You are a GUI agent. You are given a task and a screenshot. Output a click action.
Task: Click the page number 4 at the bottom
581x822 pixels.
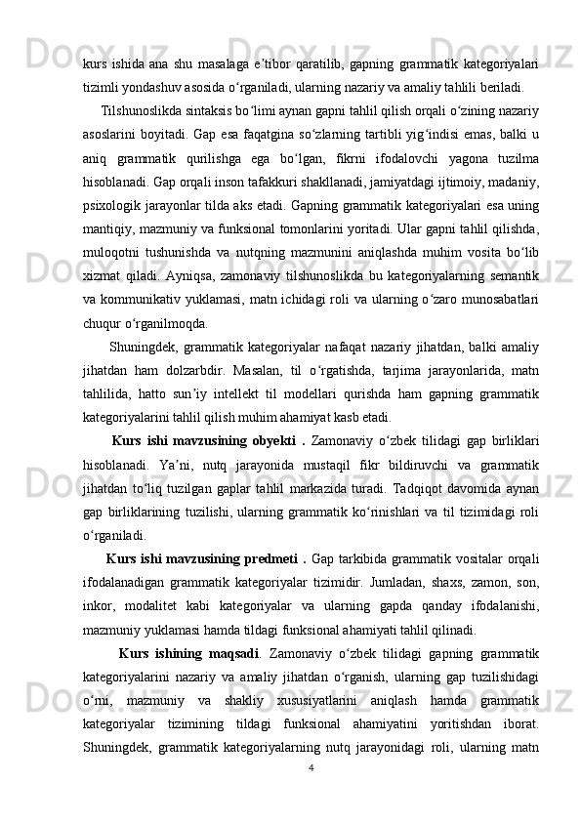[310, 766]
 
